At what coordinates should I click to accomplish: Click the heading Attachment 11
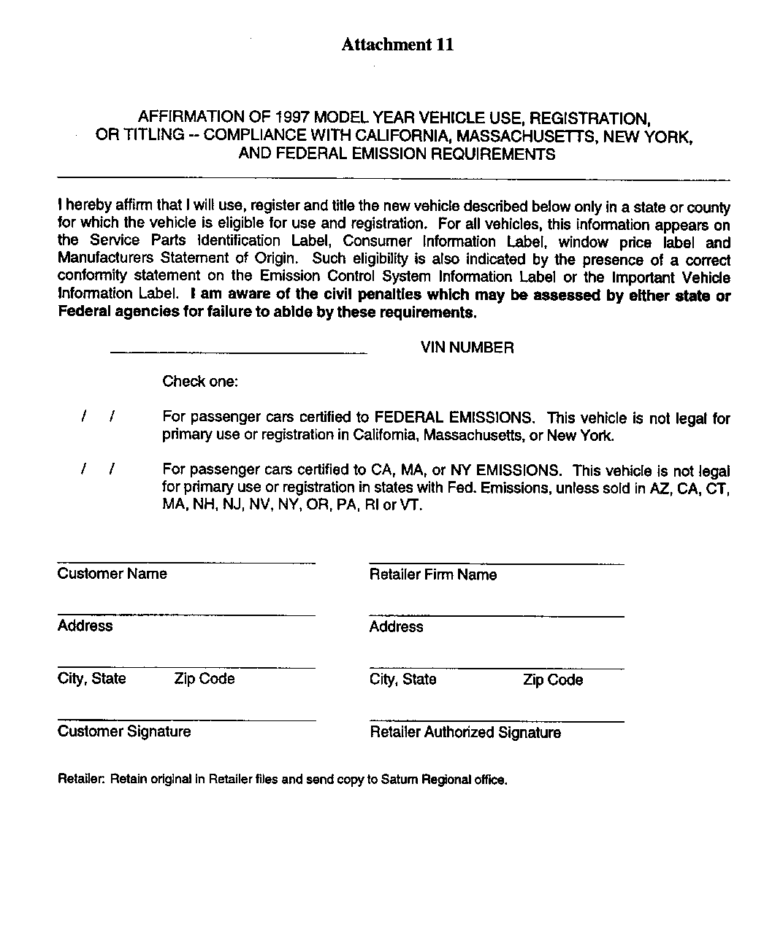pyautogui.click(x=397, y=45)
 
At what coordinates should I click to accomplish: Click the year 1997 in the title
pyautogui.click(x=293, y=118)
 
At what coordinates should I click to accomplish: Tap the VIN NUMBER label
pyautogui.click(x=467, y=348)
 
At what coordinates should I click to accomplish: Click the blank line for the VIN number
pyautogui.click(x=238, y=353)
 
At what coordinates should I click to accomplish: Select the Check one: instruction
pyautogui.click(x=200, y=382)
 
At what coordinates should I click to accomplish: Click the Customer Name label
pyautogui.click(x=112, y=574)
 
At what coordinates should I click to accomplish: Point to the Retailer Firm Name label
pyautogui.click(x=432, y=575)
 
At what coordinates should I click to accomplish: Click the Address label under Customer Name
pyautogui.click(x=85, y=626)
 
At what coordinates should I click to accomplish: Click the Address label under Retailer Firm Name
pyautogui.click(x=396, y=627)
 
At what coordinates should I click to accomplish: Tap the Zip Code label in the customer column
pyautogui.click(x=205, y=679)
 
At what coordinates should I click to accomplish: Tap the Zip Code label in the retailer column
pyautogui.click(x=553, y=680)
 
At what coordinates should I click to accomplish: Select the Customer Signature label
pyautogui.click(x=124, y=731)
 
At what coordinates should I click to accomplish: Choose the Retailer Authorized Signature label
pyautogui.click(x=465, y=733)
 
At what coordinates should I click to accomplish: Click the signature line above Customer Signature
pyautogui.click(x=186, y=720)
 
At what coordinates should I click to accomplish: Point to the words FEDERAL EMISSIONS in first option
pyautogui.click(x=453, y=418)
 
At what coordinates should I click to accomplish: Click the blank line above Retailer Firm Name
pyautogui.click(x=497, y=564)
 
